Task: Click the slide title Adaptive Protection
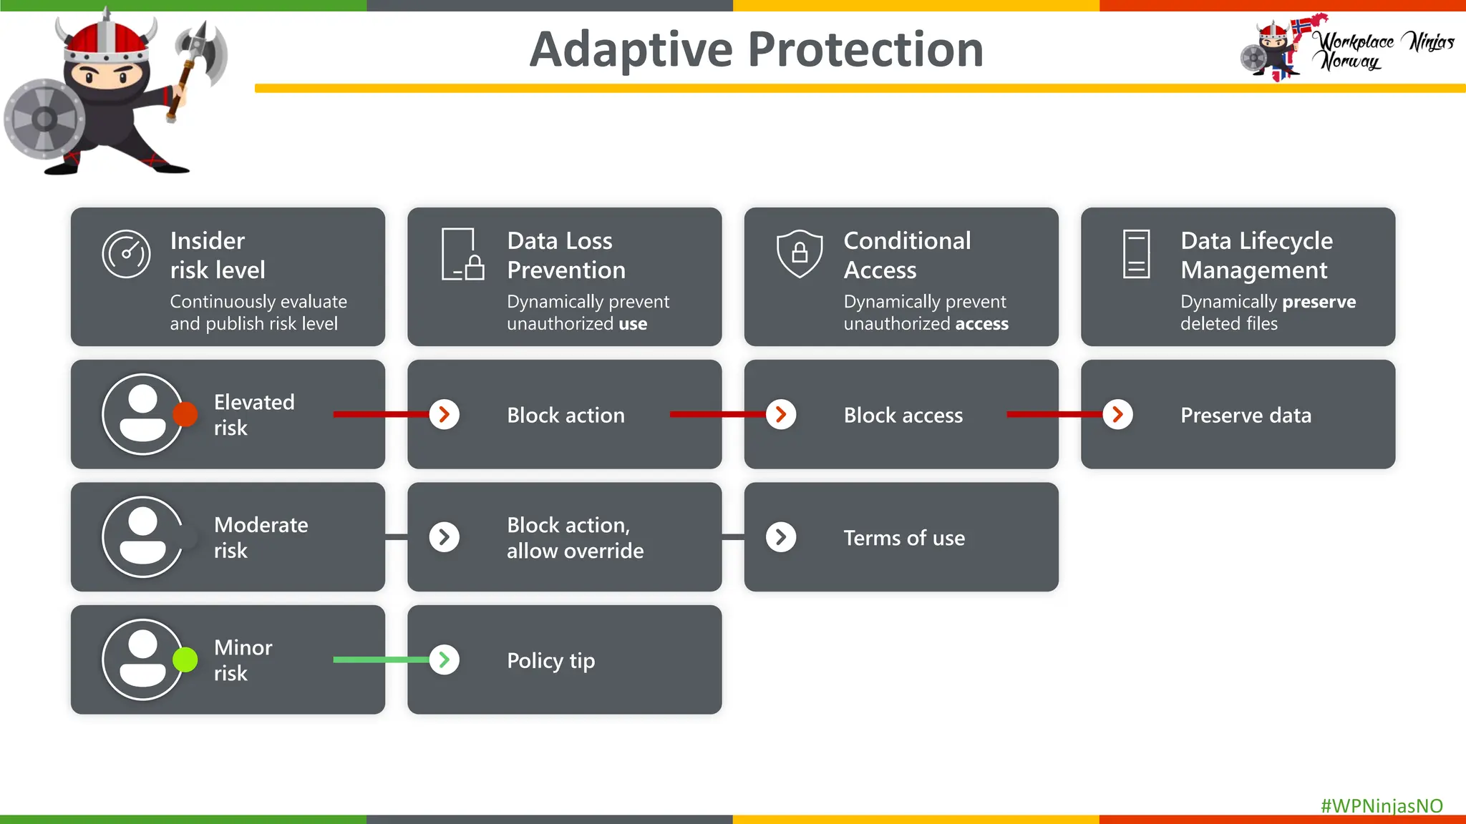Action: tap(756, 49)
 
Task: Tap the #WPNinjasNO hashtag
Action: tap(1381, 805)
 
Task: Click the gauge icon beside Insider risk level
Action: tap(126, 254)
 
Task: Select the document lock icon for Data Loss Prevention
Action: tap(462, 255)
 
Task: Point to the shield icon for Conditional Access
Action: tap(799, 253)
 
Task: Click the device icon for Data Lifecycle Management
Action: tap(1136, 254)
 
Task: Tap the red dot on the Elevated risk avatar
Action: tap(185, 414)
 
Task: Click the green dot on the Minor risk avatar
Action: tap(185, 659)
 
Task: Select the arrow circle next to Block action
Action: tap(445, 414)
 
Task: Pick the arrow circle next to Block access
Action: tap(781, 414)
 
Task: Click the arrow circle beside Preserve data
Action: tap(1117, 414)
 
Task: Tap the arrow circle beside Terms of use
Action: tap(781, 537)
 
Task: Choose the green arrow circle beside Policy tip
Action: tap(445, 659)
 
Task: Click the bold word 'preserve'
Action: tap(1319, 302)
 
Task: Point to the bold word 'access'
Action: tap(981, 324)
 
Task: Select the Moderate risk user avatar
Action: tap(142, 537)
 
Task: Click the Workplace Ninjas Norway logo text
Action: tap(1384, 51)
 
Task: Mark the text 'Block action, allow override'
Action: tap(575, 538)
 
